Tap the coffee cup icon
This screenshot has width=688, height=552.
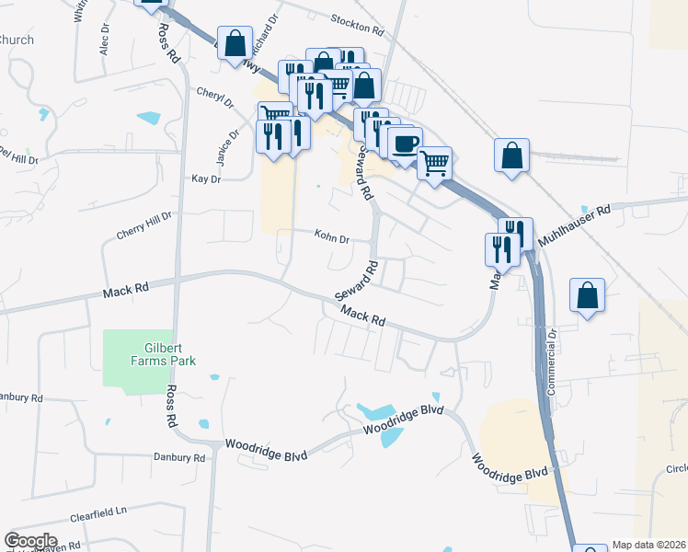[x=405, y=143]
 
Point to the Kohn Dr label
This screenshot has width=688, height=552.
[x=332, y=238]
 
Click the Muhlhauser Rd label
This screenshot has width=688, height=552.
[x=575, y=224]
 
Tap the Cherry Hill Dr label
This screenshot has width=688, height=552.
[x=144, y=225]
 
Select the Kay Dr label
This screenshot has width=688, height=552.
[x=205, y=178]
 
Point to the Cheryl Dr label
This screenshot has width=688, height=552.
[x=215, y=97]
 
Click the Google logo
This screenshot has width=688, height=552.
[x=30, y=541]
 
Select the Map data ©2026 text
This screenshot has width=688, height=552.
[x=649, y=545]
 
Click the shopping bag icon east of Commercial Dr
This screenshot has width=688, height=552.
[x=587, y=295]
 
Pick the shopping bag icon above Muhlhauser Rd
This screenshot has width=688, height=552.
[x=511, y=155]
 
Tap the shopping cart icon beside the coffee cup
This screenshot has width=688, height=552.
[x=434, y=164]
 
